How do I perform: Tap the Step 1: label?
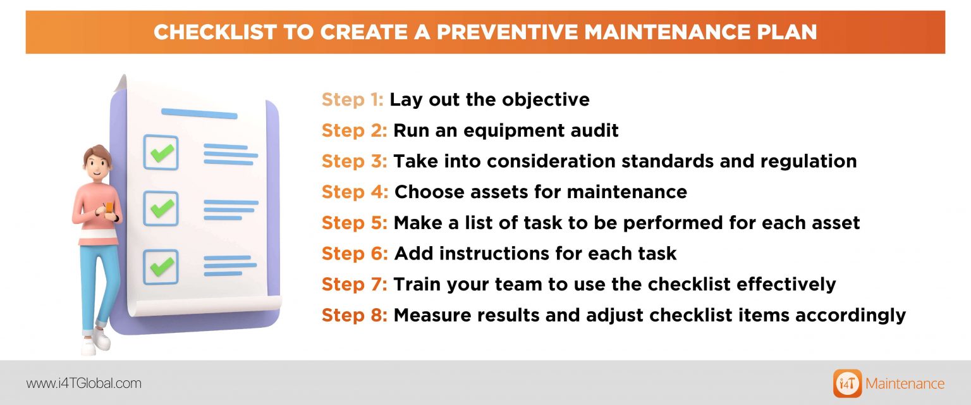coord(353,100)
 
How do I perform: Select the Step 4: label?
coord(355,192)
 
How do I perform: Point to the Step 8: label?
coord(355,315)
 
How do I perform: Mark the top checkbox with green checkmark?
coord(161,153)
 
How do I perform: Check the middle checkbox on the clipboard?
coord(161,208)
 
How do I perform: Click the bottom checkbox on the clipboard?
coord(161,266)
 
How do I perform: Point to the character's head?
coord(97,163)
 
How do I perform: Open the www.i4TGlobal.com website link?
coord(83,383)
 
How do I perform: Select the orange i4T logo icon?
coord(847,383)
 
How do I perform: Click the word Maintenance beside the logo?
coord(905,383)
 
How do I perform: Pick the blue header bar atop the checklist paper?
coord(199,114)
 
